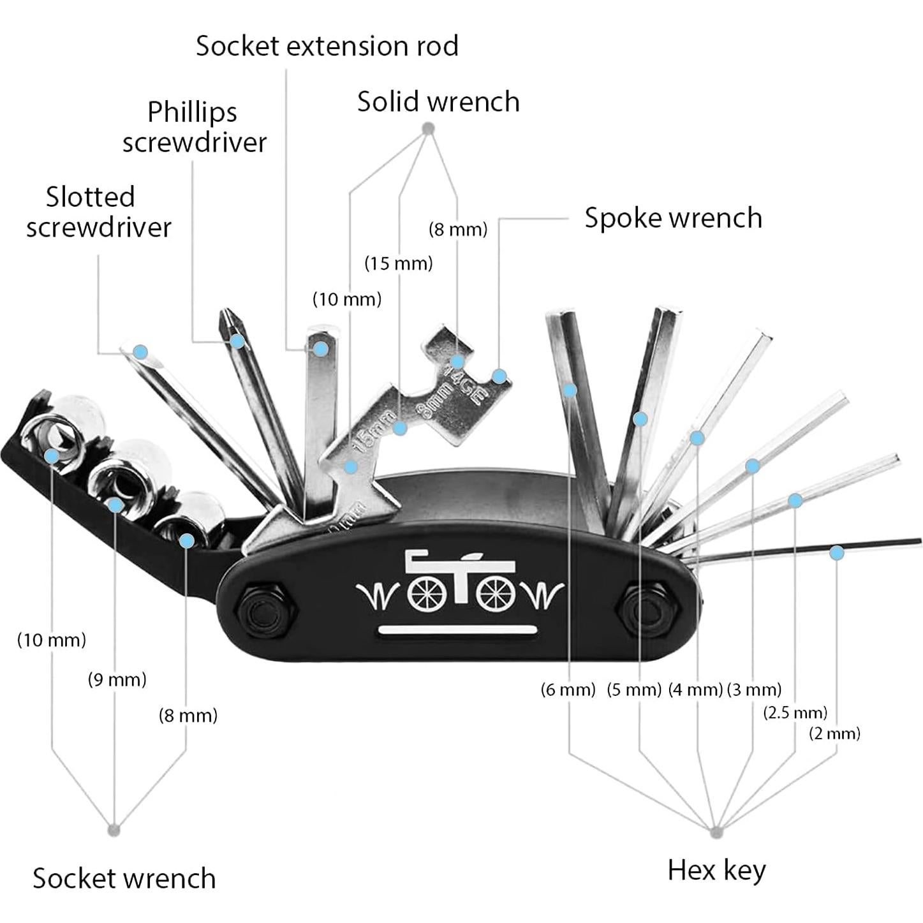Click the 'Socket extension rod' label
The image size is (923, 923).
point(327,46)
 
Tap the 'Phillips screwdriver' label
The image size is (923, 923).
point(194,126)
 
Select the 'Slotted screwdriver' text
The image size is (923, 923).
point(99,212)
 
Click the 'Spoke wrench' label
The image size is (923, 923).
point(673,218)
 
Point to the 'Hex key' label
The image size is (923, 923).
point(716,870)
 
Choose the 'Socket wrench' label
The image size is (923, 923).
point(124,878)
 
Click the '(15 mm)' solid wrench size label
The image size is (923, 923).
point(399,263)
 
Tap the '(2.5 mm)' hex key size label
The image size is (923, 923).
point(795,712)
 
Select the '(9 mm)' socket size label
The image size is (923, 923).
point(117,679)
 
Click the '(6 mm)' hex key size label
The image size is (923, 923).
point(568,690)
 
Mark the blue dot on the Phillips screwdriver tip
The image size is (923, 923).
point(237,341)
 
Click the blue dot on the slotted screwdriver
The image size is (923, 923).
point(140,351)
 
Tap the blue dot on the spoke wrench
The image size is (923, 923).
point(499,376)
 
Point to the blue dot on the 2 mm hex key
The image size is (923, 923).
point(836,552)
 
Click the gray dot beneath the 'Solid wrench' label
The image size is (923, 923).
point(429,129)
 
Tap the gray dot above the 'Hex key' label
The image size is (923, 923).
point(716,831)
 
